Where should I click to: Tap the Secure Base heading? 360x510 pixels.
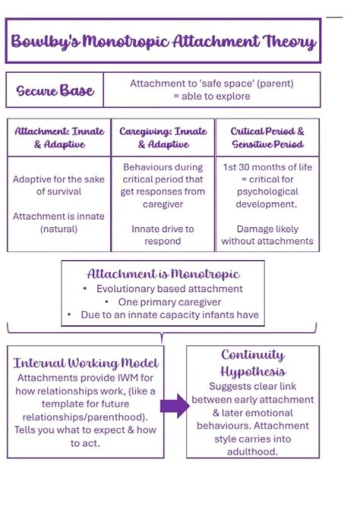click(55, 91)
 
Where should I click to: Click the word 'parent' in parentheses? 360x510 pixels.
click(275, 84)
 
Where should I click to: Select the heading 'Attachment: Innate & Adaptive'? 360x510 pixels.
click(59, 138)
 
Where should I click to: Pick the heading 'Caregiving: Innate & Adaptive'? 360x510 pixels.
click(163, 138)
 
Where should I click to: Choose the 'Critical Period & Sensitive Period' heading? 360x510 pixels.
click(267, 138)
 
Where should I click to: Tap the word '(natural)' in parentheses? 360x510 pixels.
click(59, 229)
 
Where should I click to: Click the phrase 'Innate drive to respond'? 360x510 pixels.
click(163, 235)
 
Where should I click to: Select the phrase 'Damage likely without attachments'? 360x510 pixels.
click(267, 235)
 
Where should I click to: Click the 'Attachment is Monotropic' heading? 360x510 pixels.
click(163, 274)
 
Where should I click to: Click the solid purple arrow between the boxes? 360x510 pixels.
click(175, 406)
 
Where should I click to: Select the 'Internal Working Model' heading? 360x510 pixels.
click(86, 363)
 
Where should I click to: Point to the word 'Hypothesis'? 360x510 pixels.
click(253, 371)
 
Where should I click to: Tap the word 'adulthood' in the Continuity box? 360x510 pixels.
click(252, 452)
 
